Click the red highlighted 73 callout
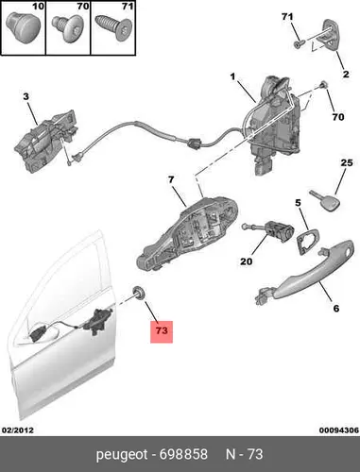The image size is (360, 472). coord(162,331)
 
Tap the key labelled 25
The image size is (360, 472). coord(325,201)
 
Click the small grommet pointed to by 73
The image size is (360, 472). coord(139,292)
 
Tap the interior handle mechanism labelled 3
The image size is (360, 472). coord(46,142)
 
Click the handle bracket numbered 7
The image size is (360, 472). coord(187,234)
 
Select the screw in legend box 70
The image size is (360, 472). coord(67,27)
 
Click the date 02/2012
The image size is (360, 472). coord(18,430)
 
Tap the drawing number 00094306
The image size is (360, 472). coord(339,430)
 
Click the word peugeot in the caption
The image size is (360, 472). coord(122,455)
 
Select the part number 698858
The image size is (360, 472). coord(183,454)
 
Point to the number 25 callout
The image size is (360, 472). coord(347,163)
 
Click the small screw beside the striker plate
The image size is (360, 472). coord(299,44)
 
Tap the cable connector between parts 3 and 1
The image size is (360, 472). coord(193,143)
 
